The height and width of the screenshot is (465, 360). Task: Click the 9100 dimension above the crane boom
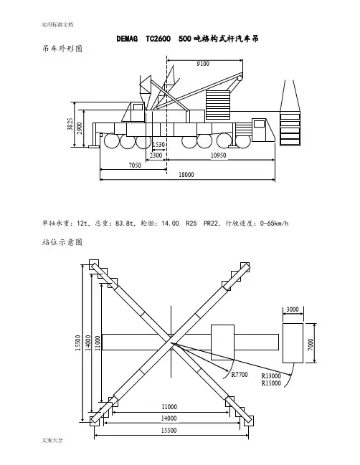[203, 64]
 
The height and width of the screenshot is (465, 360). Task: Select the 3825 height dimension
[70, 124]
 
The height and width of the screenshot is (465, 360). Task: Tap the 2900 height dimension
[80, 128]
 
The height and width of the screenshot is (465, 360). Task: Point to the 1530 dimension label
[158, 145]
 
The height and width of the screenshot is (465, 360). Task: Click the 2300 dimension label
[156, 155]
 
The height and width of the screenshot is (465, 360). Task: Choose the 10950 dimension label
[219, 155]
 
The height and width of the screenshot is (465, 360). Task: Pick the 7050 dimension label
[135, 166]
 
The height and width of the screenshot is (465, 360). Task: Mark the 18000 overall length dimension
[186, 175]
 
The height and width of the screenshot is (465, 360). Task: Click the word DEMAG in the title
[127, 39]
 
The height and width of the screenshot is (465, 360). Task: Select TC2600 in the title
[158, 39]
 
